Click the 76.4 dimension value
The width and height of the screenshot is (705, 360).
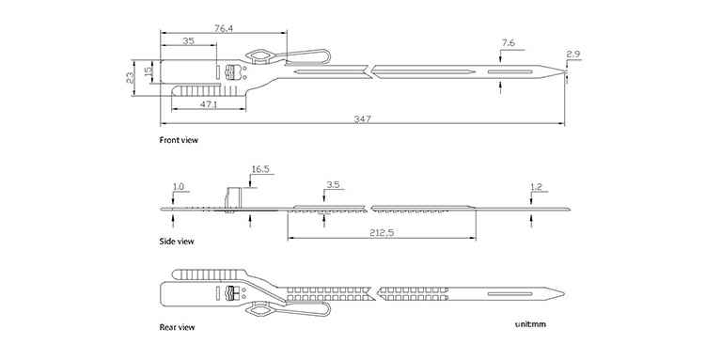pyautogui.click(x=224, y=29)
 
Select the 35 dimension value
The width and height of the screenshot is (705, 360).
pyautogui.click(x=188, y=41)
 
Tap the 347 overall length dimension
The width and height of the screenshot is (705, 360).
pyautogui.click(x=362, y=119)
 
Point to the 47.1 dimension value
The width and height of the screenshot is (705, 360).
pyautogui.click(x=209, y=104)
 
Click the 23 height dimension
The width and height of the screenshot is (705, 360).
pyautogui.click(x=130, y=77)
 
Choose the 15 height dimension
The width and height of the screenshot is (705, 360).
pyautogui.click(x=148, y=71)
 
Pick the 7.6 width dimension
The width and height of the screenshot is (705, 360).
pyautogui.click(x=508, y=43)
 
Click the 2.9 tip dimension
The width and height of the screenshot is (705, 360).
pyautogui.click(x=573, y=55)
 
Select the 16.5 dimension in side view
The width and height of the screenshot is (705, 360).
pyautogui.click(x=260, y=169)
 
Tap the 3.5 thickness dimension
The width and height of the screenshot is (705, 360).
pyautogui.click(x=333, y=185)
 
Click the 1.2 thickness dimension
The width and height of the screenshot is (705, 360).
pyautogui.click(x=537, y=187)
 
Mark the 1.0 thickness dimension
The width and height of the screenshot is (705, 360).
pyautogui.click(x=178, y=186)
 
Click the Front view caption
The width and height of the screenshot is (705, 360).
pyautogui.click(x=179, y=140)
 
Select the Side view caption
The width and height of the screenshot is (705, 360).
pyautogui.click(x=177, y=242)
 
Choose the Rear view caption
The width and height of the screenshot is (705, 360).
pyautogui.click(x=177, y=327)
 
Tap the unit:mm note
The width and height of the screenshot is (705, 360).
pyautogui.click(x=530, y=324)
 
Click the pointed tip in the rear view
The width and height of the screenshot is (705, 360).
pyautogui.click(x=564, y=294)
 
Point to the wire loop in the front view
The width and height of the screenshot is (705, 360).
pyautogui.click(x=310, y=52)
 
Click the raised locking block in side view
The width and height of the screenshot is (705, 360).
pyautogui.click(x=234, y=198)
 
